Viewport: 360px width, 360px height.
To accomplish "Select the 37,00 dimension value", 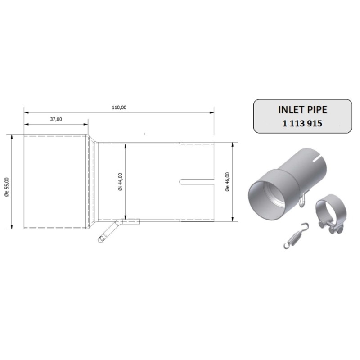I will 56,119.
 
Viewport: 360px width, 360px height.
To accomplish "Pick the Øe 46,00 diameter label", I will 227,182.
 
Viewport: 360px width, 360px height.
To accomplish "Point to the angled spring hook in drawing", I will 107,232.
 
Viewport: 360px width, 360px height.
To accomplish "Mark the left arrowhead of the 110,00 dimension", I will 26,112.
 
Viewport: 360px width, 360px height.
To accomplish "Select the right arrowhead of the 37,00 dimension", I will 86,124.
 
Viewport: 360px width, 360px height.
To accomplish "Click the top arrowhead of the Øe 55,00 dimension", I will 12,136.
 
